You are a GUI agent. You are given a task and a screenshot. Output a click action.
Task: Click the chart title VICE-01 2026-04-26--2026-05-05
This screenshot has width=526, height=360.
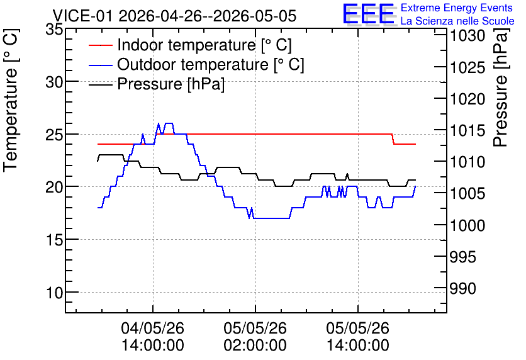click(174, 16)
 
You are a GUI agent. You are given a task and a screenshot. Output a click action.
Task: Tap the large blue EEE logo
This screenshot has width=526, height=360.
click(369, 14)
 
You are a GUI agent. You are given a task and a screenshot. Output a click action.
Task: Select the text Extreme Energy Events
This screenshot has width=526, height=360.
click(457, 8)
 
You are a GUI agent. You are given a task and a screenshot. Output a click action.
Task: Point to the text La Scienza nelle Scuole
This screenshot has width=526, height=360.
click(457, 21)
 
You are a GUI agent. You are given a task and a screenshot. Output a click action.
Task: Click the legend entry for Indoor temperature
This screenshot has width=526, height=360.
click(190, 45)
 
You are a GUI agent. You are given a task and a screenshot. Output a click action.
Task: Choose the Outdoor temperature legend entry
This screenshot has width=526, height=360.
click(196, 64)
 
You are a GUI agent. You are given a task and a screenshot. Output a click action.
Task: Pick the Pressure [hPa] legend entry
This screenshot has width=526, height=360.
click(157, 84)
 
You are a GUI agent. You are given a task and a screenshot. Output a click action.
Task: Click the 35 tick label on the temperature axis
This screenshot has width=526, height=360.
click(54, 30)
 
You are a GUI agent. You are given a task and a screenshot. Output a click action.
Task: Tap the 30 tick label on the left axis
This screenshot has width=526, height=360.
click(54, 82)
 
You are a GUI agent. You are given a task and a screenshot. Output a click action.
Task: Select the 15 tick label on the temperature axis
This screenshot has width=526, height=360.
click(54, 240)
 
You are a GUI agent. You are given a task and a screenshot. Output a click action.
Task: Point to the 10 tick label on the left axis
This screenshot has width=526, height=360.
click(54, 293)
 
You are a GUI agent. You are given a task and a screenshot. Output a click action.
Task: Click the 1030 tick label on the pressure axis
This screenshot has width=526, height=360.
click(467, 36)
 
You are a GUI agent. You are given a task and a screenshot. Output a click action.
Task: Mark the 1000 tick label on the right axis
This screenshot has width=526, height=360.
click(467, 225)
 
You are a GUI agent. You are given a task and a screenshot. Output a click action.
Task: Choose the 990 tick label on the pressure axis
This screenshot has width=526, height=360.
click(462, 288)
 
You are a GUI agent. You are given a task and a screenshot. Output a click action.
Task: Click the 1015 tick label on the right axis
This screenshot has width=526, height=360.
click(467, 130)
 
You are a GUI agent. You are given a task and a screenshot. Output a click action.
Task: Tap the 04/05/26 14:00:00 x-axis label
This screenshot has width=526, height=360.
click(153, 336)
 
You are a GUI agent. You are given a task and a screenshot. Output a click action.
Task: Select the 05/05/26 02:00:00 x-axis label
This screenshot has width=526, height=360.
click(255, 336)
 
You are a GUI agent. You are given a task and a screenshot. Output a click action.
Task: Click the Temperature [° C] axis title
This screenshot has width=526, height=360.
click(11, 100)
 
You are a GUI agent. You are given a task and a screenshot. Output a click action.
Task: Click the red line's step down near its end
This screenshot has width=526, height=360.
click(393, 139)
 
